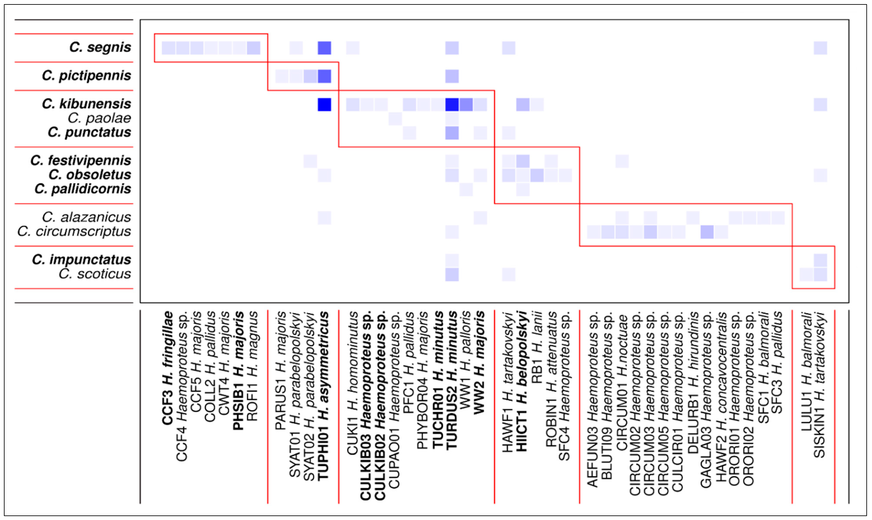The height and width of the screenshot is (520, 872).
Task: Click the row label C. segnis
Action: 100,47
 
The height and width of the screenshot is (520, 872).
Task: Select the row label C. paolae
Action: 99,118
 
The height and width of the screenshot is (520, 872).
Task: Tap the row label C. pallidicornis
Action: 83,189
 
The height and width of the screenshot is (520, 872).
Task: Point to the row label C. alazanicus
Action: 86,217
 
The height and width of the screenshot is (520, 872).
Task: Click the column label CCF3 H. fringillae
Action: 168,368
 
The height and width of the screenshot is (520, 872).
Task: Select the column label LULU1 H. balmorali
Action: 806,371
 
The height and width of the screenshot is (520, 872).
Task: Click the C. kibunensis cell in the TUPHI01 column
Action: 324,104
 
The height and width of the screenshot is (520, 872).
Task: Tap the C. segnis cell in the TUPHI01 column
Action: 324,48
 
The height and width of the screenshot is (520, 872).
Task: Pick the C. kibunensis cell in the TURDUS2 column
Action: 452,104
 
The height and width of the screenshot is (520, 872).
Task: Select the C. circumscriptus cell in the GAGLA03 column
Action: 707,232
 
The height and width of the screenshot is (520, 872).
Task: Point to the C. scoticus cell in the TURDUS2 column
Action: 452,274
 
